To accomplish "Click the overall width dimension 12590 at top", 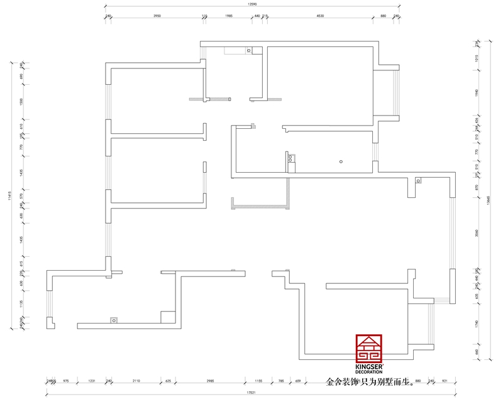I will [252, 4].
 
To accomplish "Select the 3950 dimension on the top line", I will [157, 16].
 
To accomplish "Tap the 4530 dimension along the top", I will [319, 16].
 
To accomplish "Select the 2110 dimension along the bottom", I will [136, 381].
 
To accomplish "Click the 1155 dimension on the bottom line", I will [258, 381].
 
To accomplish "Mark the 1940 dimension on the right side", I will [477, 92].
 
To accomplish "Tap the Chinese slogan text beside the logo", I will [370, 381].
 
